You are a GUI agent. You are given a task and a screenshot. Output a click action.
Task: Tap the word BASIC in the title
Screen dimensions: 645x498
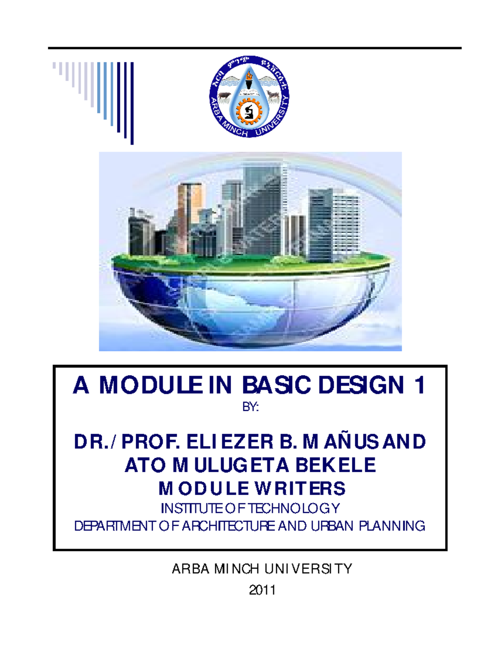[x=276, y=385]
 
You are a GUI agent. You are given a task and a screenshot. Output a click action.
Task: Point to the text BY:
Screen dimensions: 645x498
[x=250, y=407]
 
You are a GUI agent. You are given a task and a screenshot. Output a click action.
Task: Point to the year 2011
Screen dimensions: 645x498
[x=262, y=590]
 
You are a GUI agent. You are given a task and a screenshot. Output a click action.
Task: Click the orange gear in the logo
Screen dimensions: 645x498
[x=249, y=112]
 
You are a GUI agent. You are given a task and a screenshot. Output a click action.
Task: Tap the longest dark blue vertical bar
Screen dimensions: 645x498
[x=132, y=103]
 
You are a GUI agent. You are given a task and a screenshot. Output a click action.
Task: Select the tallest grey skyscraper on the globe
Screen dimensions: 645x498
[x=264, y=208]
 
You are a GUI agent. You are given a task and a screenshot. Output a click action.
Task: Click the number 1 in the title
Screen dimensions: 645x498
[x=420, y=385]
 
